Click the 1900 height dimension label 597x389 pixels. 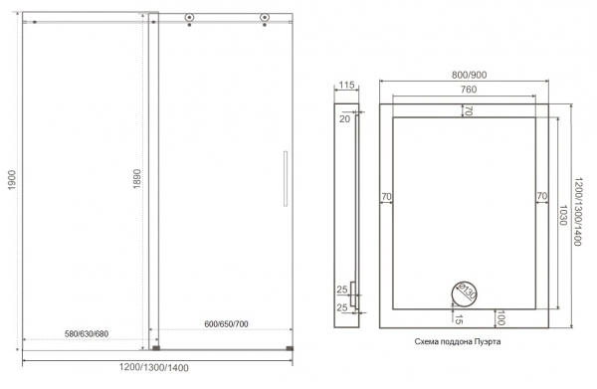[12, 180]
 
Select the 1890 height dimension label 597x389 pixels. [136, 179]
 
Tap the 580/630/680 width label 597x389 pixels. [87, 334]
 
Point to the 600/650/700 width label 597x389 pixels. [226, 324]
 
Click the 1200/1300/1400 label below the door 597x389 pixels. [154, 368]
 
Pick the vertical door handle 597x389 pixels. [286, 178]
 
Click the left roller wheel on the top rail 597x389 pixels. [189, 18]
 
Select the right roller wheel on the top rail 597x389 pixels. [265, 18]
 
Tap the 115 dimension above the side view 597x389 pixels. [346, 85]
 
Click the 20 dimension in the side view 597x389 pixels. [344, 119]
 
